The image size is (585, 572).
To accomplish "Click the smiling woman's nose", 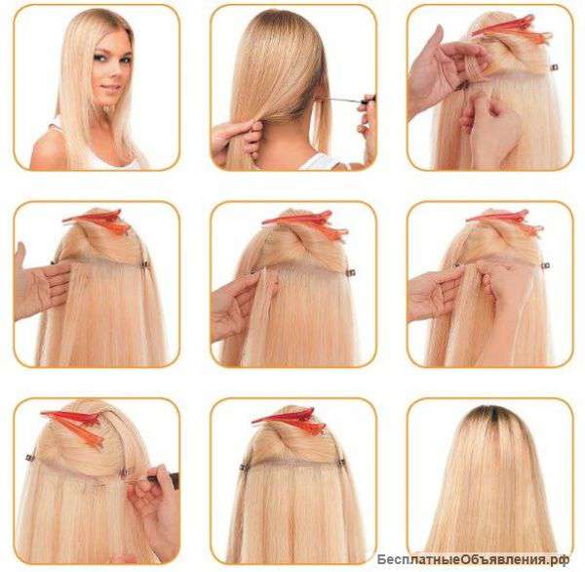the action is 109,73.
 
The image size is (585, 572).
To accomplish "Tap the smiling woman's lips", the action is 110,88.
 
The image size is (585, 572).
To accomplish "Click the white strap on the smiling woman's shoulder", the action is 56,121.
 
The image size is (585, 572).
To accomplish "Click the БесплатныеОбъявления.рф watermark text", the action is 473,559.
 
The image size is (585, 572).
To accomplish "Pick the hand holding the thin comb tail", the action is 366,123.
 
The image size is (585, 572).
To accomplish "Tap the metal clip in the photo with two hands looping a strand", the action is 555,67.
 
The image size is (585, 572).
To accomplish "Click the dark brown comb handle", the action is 164,477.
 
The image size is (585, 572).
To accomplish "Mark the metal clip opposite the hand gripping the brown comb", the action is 29,457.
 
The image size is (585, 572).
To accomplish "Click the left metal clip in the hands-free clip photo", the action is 244,467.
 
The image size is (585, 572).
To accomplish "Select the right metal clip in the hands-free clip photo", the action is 341,464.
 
